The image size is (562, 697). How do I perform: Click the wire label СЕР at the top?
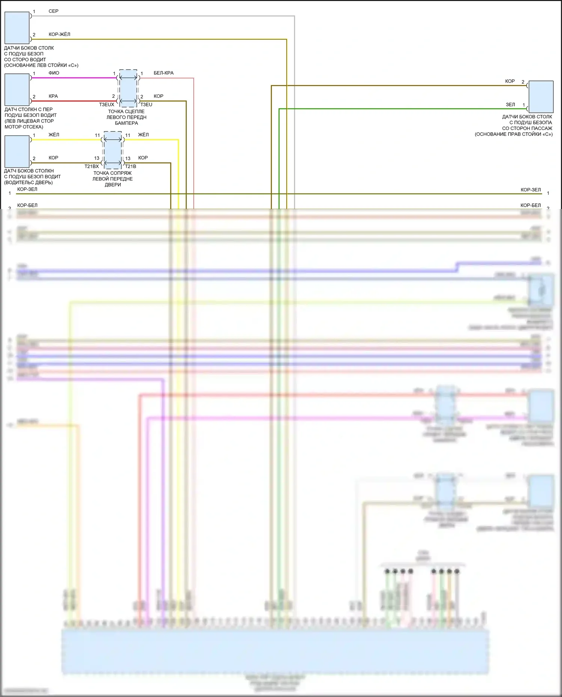tap(54, 11)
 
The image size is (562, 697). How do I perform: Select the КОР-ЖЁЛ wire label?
tap(59, 34)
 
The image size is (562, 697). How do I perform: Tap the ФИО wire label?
tap(54, 73)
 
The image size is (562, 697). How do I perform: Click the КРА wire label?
tap(53, 96)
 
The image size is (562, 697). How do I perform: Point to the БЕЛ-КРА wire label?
tap(163, 73)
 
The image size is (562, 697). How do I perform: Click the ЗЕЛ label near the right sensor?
tap(510, 105)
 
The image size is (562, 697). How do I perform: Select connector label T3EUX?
tap(106, 105)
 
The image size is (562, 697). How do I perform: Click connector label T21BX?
tap(91, 166)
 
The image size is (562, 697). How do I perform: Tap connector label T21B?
tap(131, 166)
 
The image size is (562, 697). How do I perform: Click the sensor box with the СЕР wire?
tap(17, 28)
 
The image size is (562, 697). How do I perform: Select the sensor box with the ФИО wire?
tap(17, 90)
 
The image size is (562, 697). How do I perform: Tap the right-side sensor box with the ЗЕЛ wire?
tap(541, 97)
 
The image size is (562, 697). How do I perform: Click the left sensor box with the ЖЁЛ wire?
tap(17, 151)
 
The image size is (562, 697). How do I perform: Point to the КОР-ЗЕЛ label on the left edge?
tap(27, 190)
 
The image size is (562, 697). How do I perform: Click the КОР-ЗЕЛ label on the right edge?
tap(531, 190)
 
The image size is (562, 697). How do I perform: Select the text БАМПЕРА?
tap(126, 123)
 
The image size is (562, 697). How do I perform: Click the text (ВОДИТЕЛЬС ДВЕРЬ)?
tap(28, 183)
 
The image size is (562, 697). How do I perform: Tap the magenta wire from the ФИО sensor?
tap(75, 78)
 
